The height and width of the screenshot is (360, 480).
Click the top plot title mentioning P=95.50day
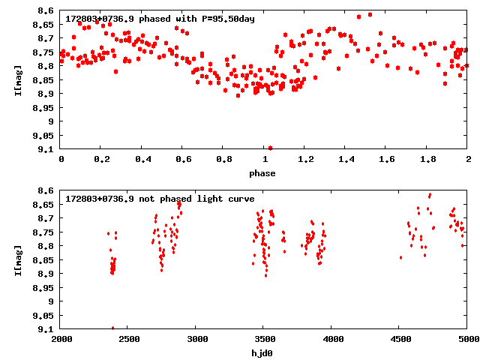point(160,18)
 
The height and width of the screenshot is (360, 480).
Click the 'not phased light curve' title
point(160,199)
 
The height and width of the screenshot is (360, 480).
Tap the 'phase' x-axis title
point(263,173)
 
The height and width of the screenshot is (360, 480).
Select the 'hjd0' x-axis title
point(263,353)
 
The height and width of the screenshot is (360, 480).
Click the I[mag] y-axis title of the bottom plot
point(19,259)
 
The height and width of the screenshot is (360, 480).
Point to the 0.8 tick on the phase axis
point(223,160)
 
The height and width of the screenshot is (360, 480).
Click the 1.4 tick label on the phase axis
point(346,160)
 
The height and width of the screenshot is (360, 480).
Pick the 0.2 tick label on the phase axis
point(101,160)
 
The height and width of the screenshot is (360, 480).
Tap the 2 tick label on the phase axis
point(468,160)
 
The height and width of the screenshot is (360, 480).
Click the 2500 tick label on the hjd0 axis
point(128,340)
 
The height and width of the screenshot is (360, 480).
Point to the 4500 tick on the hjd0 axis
point(400,340)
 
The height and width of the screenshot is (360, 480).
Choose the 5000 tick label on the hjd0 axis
point(466,340)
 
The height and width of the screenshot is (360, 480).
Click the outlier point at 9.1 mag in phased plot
point(270,148)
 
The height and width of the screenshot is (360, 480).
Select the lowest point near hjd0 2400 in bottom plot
point(113,328)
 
